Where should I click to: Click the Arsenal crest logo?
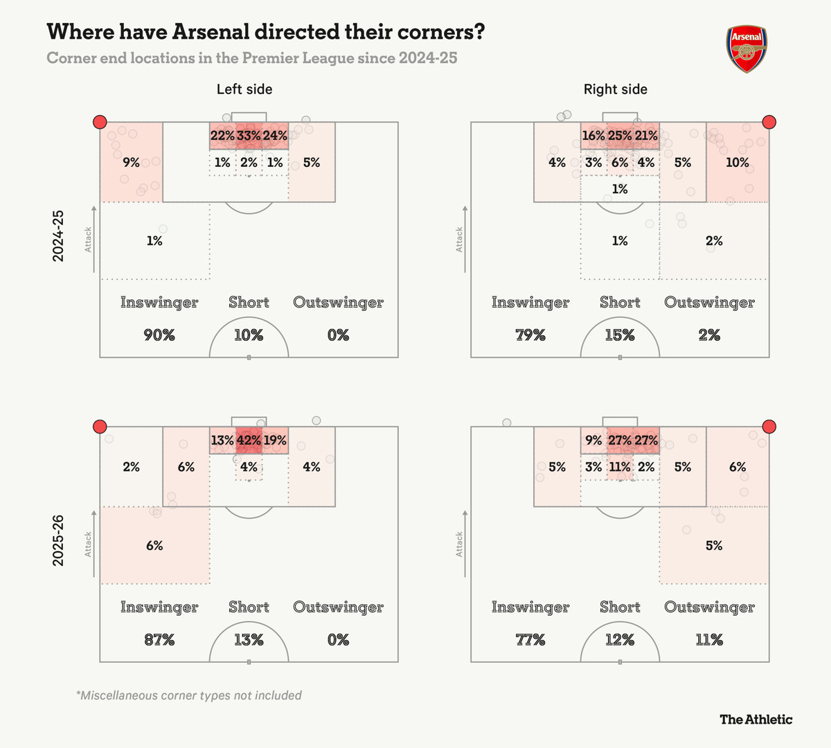pyautogui.click(x=747, y=49)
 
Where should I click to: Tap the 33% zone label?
pyautogui.click(x=249, y=136)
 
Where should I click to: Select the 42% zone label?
pyautogui.click(x=249, y=440)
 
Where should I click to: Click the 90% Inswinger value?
pyautogui.click(x=159, y=335)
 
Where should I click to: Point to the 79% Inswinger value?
pyautogui.click(x=530, y=335)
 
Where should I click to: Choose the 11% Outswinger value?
pyautogui.click(x=709, y=640)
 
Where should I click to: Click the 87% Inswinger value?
pyautogui.click(x=159, y=640)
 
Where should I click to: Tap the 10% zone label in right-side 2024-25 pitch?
pyautogui.click(x=737, y=162)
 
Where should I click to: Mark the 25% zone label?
pyautogui.click(x=620, y=136)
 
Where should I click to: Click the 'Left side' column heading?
pyautogui.click(x=244, y=89)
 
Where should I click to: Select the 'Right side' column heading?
pyautogui.click(x=616, y=89)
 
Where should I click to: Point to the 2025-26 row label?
pyautogui.click(x=58, y=540)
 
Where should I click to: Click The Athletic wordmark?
pyautogui.click(x=756, y=719)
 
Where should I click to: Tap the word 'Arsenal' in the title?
pyautogui.click(x=211, y=32)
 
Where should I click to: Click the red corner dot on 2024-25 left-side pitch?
pyautogui.click(x=100, y=123)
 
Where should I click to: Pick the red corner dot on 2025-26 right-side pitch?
pyautogui.click(x=769, y=427)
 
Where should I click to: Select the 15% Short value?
pyautogui.click(x=620, y=335)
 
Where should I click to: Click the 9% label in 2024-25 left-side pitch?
pyautogui.click(x=131, y=162)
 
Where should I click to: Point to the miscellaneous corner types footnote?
pyautogui.click(x=189, y=695)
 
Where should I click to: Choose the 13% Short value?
pyautogui.click(x=249, y=640)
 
